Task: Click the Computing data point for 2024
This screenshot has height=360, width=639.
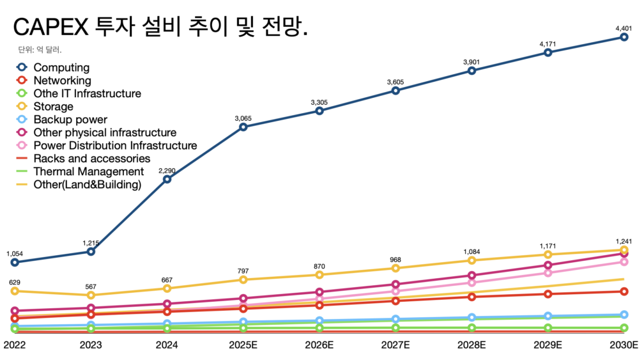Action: (167, 179)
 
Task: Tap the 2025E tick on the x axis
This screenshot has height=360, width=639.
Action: (243, 345)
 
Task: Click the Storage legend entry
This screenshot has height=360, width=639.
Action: (53, 107)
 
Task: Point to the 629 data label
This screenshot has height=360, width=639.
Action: (15, 282)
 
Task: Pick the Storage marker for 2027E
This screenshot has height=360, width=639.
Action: (396, 269)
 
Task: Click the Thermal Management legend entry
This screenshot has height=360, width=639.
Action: (88, 171)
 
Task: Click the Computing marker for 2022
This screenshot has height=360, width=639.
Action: (15, 262)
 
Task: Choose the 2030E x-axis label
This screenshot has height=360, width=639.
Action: (624, 345)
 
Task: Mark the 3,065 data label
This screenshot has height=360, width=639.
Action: (243, 118)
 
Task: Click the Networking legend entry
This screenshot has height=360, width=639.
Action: (62, 81)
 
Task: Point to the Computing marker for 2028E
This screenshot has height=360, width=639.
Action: (472, 70)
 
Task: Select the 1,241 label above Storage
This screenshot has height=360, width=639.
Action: (624, 241)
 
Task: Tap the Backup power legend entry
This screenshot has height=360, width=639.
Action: (70, 120)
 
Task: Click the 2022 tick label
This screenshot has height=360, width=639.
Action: (15, 345)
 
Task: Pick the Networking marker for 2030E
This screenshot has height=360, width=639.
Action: (624, 292)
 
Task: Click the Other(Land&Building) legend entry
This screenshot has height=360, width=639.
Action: (87, 185)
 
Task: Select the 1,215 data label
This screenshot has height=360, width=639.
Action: (91, 243)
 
